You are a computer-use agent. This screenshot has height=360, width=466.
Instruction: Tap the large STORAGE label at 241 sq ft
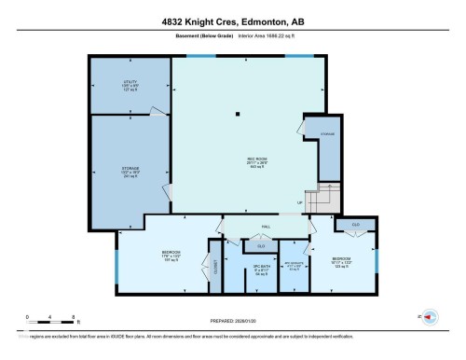130,172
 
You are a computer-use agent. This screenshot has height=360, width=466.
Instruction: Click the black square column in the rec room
239,115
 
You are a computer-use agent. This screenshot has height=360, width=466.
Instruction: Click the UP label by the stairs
299,202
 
